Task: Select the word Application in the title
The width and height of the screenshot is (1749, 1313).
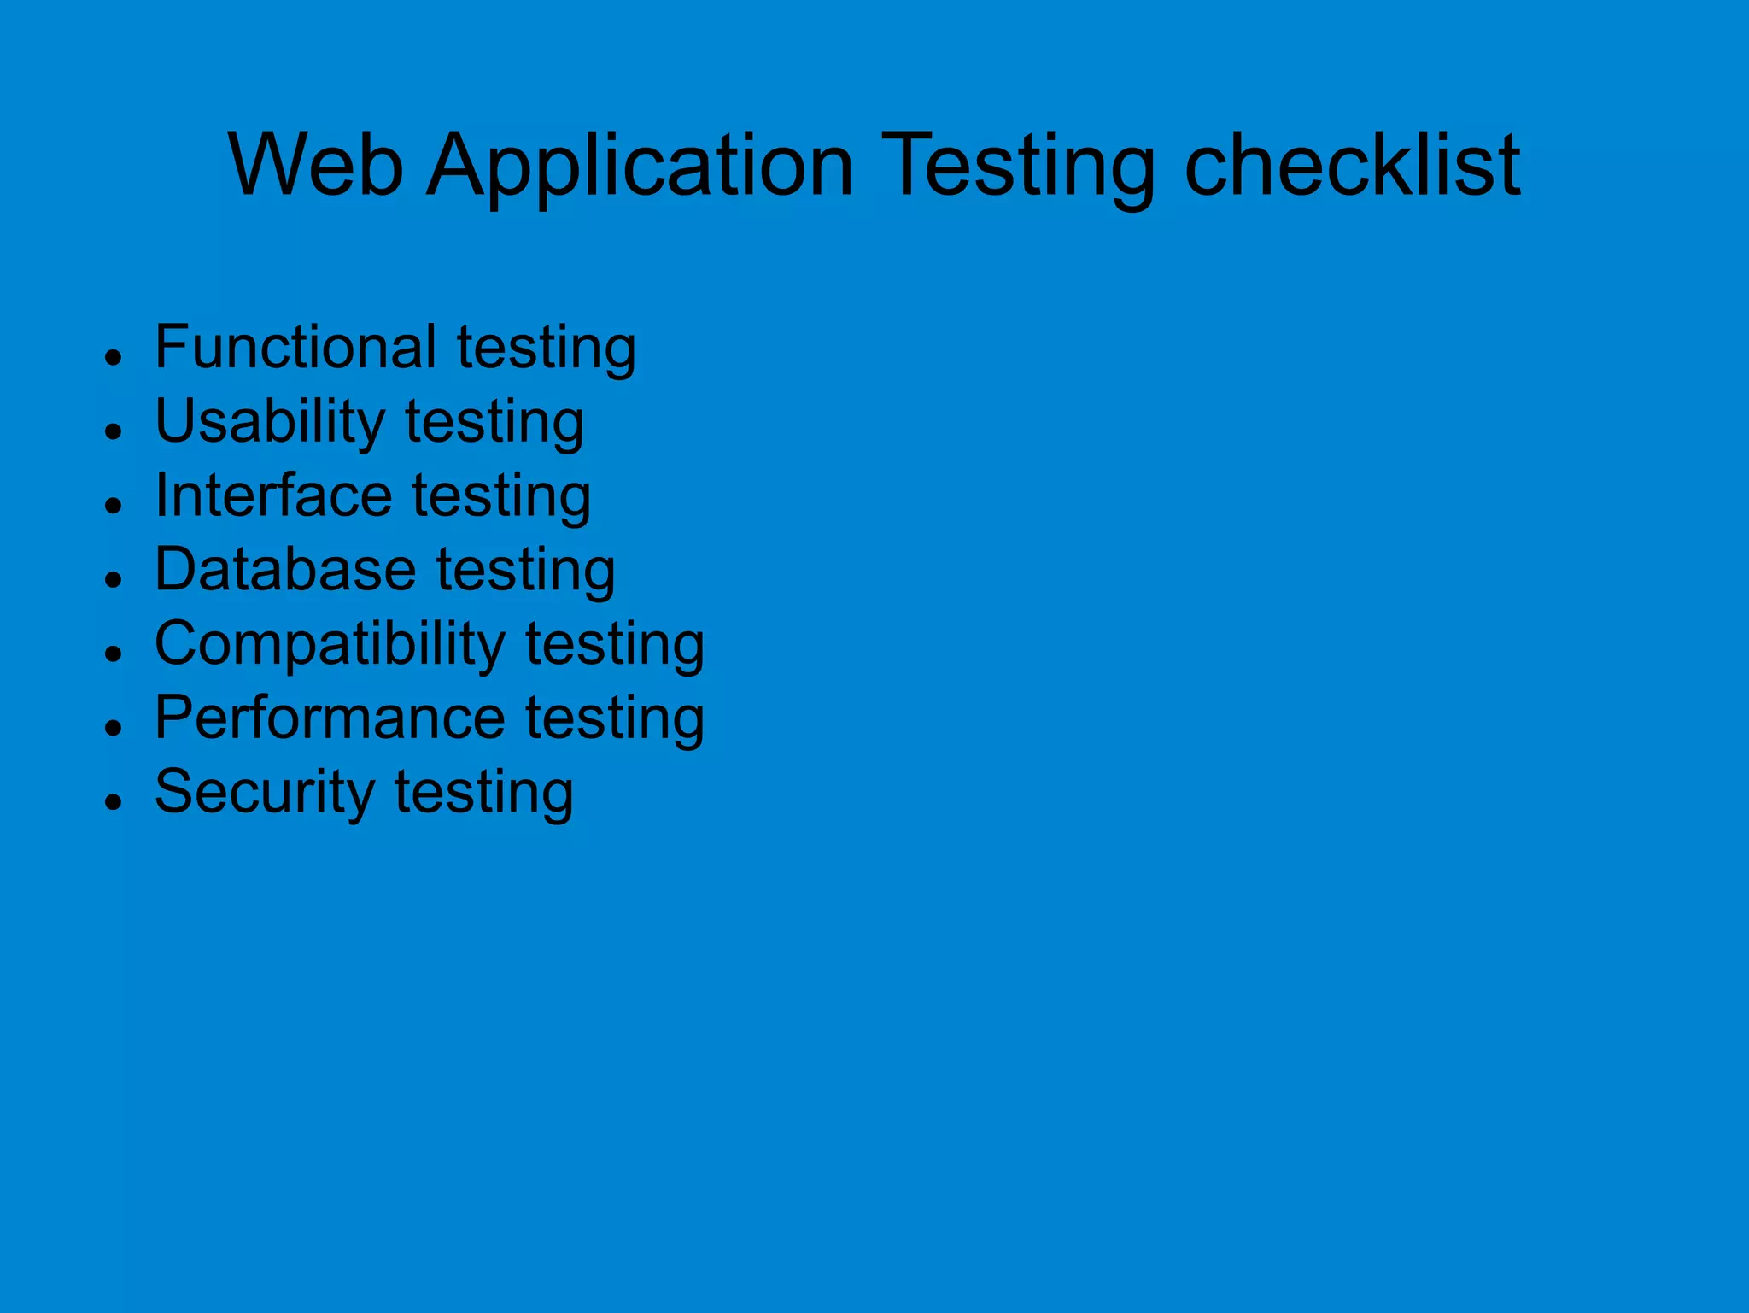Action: tap(641, 167)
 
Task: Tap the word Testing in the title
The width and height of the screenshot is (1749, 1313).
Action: tap(1021, 167)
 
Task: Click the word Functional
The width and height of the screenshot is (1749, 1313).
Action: tap(295, 347)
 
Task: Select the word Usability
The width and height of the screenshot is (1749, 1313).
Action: tap(270, 422)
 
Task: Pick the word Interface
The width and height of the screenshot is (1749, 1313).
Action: tap(273, 495)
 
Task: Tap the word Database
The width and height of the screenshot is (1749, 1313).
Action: tap(285, 569)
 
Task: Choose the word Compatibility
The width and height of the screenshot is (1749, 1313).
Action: tap(330, 644)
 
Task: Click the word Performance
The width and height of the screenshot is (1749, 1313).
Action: tap(330, 718)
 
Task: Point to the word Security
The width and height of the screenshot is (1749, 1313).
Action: tap(265, 792)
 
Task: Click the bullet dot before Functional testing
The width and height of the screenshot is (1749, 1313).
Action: tap(113, 356)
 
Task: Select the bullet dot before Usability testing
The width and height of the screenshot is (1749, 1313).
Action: tap(113, 431)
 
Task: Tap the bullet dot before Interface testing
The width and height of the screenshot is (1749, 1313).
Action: tap(113, 505)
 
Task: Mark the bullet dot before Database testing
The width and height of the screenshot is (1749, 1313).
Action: tap(113, 579)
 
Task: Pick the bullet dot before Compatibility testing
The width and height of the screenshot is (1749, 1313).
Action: tap(113, 654)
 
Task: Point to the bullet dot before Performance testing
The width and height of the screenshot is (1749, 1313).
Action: tap(113, 728)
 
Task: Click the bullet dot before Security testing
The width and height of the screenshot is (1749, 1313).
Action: tap(113, 802)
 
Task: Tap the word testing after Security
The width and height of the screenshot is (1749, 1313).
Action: tap(483, 794)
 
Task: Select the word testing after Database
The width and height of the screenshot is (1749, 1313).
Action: tap(526, 571)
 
